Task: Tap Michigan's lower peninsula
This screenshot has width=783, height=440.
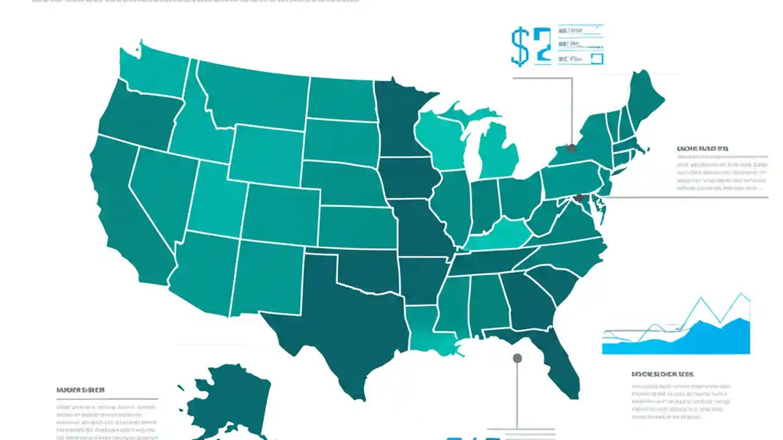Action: (495, 153)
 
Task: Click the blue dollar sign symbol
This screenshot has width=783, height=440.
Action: (520, 46)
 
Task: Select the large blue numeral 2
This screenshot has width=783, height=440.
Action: (542, 46)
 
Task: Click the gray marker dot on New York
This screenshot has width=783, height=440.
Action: (571, 148)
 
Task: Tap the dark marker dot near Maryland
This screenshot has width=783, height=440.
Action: (579, 197)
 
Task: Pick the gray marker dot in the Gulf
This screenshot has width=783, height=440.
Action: (518, 358)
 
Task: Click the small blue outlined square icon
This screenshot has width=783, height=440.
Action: (597, 59)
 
